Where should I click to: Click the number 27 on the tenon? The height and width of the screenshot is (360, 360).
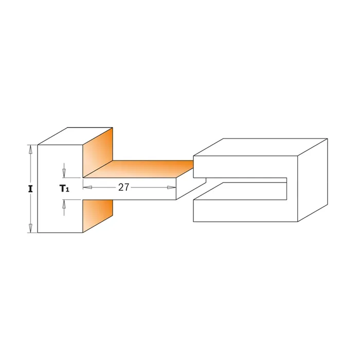124,187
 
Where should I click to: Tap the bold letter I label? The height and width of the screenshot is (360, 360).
30,189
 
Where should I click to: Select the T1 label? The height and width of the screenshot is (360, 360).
64,189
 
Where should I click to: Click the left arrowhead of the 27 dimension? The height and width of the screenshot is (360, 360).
87,187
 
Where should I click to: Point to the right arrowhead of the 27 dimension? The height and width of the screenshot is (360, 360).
171,187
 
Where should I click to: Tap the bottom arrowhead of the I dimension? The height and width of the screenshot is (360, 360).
30,228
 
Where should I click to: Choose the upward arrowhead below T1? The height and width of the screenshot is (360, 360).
64,204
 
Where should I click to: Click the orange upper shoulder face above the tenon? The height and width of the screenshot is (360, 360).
98,153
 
